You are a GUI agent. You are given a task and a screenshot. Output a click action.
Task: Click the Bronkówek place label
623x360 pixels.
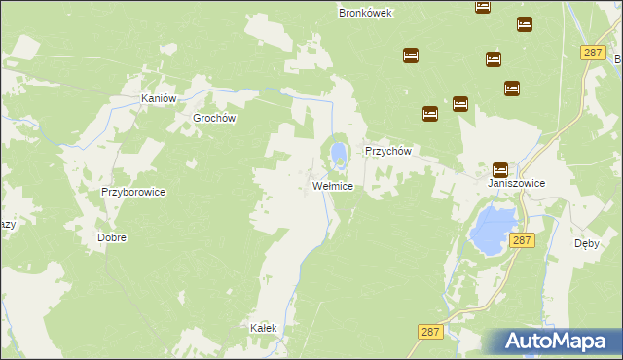click(364, 13)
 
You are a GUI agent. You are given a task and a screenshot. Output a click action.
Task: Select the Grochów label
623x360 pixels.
click(215, 118)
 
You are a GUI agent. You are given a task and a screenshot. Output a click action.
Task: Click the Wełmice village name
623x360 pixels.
click(332, 185)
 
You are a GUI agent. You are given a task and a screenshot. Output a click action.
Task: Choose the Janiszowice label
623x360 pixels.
click(516, 183)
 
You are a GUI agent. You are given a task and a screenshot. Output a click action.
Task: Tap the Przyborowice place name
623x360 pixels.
click(133, 193)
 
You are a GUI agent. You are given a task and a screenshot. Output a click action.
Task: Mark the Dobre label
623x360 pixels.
click(112, 237)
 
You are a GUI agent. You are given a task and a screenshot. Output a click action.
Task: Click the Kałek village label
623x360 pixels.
click(264, 328)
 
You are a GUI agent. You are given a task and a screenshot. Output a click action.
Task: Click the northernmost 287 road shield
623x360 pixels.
click(593, 53)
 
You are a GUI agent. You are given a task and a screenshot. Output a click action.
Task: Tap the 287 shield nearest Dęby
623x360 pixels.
click(522, 239)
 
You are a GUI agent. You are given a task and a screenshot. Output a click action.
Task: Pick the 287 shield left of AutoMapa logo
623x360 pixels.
click(431, 332)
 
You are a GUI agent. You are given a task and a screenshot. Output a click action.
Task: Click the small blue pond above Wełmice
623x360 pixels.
click(338, 153)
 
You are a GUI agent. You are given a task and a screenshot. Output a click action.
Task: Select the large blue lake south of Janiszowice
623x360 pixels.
click(492, 228)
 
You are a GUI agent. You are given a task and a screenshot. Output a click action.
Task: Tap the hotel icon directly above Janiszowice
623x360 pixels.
click(500, 168)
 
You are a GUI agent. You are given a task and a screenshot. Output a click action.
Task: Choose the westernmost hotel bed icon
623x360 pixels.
click(411, 55)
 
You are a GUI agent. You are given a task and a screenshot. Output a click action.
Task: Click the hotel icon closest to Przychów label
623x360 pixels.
click(430, 114)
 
